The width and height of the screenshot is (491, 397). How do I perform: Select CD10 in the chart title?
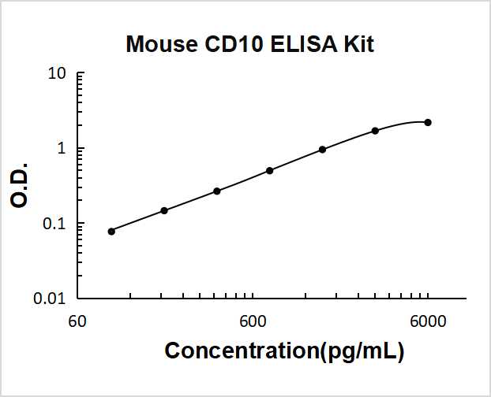coord(225,46)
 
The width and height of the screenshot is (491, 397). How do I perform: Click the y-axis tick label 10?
coord(56,74)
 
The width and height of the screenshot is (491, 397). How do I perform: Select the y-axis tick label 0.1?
coord(53,224)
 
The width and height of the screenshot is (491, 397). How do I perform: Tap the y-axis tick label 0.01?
coord(49,299)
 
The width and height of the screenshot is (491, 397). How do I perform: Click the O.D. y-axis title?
coord(21,186)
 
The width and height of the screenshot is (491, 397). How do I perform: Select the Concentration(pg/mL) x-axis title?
coord(284,351)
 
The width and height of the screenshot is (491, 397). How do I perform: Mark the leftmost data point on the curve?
coord(111,231)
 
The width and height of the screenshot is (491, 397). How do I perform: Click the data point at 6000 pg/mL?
coord(428,122)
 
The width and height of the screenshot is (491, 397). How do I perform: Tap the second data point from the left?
coord(164,210)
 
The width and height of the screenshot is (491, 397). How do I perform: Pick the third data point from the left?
coord(217,191)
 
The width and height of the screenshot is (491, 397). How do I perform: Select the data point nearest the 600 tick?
coord(269,170)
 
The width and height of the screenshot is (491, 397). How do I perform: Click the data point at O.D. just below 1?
coord(322,149)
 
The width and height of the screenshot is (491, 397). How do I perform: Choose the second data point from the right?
coord(375,130)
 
